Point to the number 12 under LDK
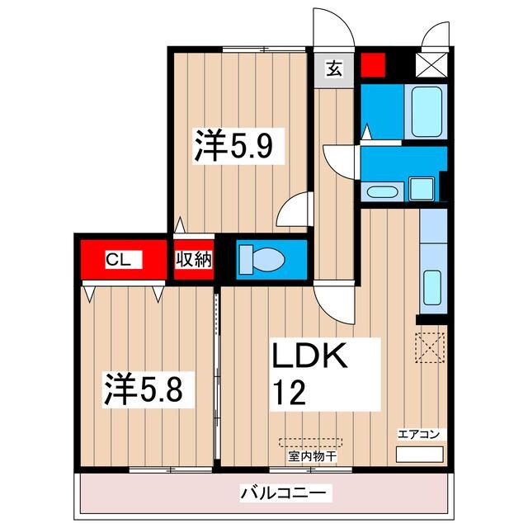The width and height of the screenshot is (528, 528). pos(289,391)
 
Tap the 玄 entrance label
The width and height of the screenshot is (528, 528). pos(333,70)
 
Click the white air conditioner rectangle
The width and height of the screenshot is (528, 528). pos(420,455)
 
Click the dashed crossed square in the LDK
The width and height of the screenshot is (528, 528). pos(429,346)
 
